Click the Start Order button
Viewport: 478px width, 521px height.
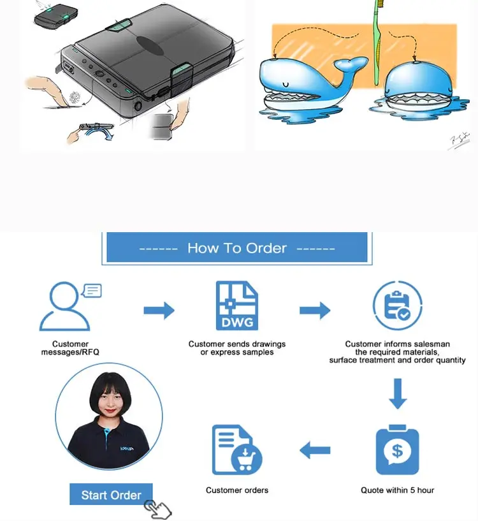[111, 495]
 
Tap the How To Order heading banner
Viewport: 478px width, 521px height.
[236, 248]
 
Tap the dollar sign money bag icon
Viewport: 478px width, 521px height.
[397, 450]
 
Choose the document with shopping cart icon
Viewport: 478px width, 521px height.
[236, 450]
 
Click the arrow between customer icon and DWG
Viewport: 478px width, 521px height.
[159, 311]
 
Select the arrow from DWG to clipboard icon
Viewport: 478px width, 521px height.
[315, 311]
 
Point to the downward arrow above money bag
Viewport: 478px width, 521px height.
[398, 394]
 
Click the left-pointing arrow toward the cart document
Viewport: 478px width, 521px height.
[315, 451]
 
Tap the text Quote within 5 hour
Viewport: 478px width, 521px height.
[397, 490]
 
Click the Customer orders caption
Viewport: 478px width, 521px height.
[237, 490]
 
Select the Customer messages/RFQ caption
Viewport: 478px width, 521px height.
[70, 348]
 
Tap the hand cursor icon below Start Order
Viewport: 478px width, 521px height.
[157, 510]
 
